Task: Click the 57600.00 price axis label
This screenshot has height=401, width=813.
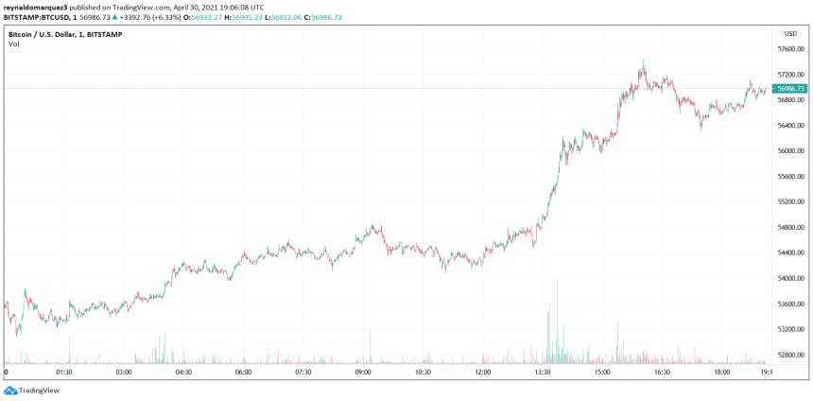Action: [790, 48]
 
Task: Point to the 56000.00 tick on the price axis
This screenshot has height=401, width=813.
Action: [790, 150]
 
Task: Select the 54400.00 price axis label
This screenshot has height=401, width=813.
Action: [790, 253]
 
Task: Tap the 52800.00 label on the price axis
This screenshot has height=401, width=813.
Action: [790, 355]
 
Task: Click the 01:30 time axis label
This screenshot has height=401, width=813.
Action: [64, 373]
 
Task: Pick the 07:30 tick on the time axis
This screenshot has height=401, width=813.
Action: [303, 373]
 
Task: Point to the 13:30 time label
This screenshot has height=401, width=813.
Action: [543, 373]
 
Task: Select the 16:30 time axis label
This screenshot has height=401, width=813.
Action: [662, 373]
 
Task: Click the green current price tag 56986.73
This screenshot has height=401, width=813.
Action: [789, 88]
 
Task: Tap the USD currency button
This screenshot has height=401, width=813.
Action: [790, 33]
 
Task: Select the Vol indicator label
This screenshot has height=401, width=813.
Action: [13, 44]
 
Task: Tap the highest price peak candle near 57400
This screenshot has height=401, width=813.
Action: [643, 62]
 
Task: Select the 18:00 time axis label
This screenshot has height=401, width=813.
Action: [722, 373]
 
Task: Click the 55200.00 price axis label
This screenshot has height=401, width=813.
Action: [790, 201]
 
